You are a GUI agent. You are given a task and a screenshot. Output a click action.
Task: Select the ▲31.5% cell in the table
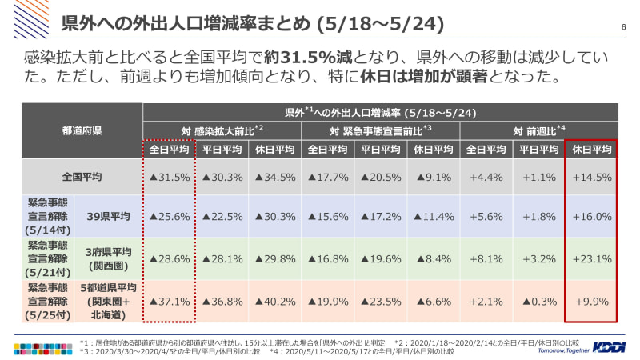170,177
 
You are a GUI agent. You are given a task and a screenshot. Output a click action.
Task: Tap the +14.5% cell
592,177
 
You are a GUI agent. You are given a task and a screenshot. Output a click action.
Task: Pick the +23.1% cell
592,258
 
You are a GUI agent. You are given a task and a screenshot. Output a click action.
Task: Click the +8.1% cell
486,258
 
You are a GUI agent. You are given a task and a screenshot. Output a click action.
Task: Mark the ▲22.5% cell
222,216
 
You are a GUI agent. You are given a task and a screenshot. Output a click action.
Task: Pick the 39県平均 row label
109,216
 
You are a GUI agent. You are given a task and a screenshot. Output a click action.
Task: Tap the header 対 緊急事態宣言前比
381,130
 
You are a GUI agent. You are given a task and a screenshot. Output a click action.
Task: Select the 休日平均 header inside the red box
592,149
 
